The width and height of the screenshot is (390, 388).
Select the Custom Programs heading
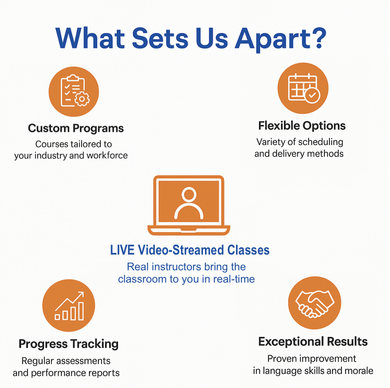pos(76,128)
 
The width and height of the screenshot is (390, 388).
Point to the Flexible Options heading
pos(302,125)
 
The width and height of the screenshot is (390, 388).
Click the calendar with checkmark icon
pos(303,88)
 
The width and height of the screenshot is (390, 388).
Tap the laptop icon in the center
pos(189,205)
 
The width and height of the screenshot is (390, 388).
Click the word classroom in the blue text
pos(141,279)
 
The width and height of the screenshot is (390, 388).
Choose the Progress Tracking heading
pos(69,344)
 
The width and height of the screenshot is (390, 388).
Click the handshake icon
pos(314,303)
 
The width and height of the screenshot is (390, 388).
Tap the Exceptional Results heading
pos(313,341)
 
